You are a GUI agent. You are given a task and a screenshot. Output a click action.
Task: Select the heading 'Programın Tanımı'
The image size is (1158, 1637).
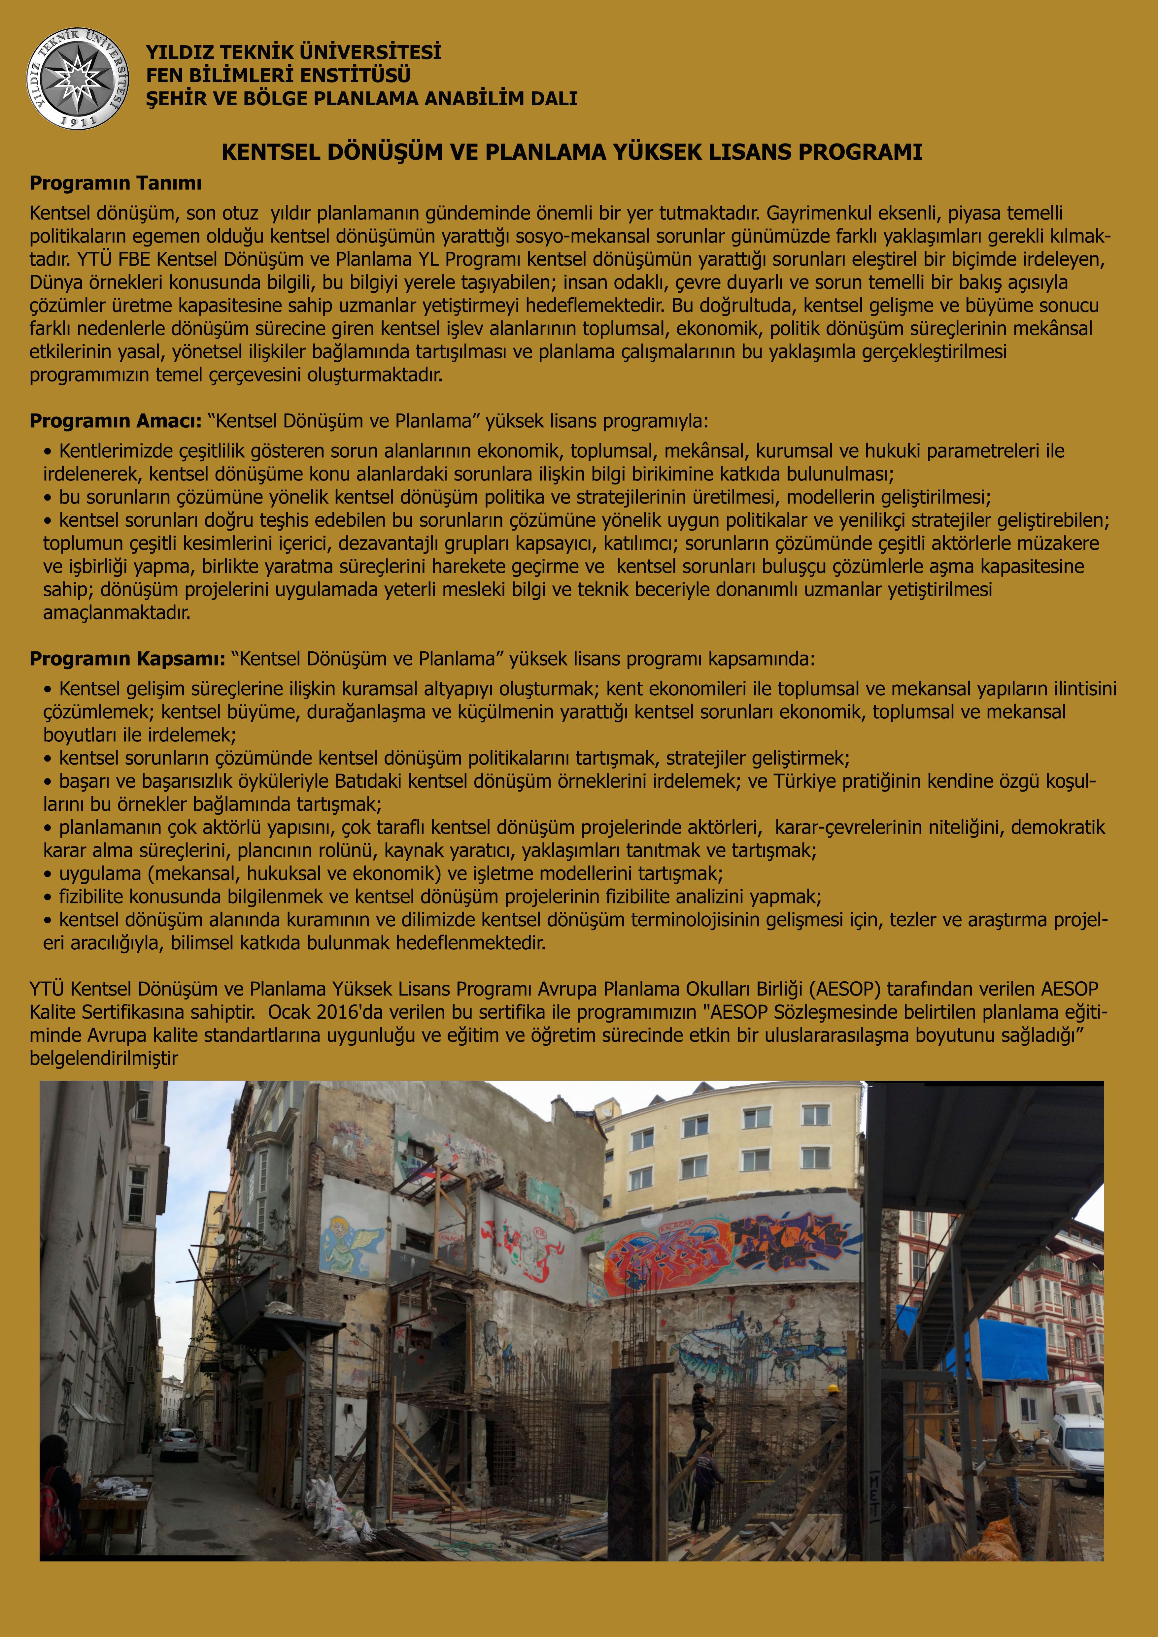pyautogui.click(x=116, y=183)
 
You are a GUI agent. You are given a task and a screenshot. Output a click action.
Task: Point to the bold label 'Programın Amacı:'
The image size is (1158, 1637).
pyautogui.click(x=116, y=421)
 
